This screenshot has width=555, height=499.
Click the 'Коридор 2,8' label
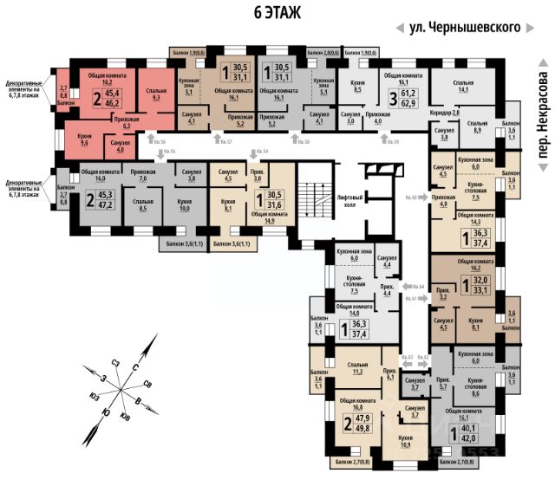pyautogui.click(x=444, y=113)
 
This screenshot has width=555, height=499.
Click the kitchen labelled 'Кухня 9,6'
pyautogui.click(x=81, y=139)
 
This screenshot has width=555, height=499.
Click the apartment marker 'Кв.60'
pyautogui.click(x=412, y=198)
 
